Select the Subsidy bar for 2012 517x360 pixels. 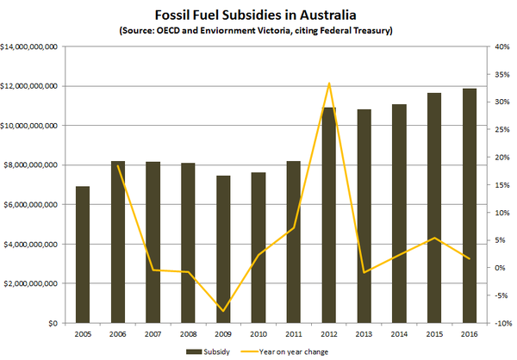click(329, 215)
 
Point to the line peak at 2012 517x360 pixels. click(329, 84)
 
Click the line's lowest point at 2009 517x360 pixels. click(223, 311)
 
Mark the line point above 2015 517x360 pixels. click(434, 238)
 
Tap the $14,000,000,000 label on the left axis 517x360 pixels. click(30, 47)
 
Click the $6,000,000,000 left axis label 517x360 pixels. click(32, 205)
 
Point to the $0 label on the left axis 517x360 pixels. click(51, 323)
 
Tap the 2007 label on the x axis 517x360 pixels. click(153, 334)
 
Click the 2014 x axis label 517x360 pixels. click(399, 334)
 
